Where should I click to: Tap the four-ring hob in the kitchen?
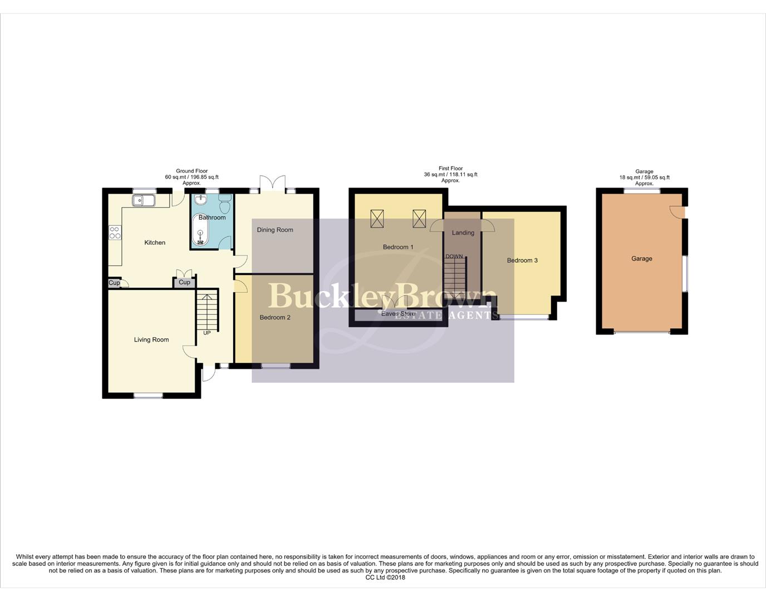coord(115,233)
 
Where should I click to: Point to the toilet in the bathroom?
coord(225,205)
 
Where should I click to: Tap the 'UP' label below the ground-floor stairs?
coord(207,333)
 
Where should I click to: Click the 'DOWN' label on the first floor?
coord(454,257)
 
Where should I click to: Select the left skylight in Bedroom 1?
coord(377,219)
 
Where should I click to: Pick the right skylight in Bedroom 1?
coord(419,219)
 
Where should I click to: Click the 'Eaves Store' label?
coord(398,314)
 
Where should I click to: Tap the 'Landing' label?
coord(463,233)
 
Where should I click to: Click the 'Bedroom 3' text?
coord(522,260)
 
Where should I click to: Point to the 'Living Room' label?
coord(151,339)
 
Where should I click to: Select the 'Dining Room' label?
coord(275,230)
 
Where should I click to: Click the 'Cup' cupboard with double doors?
coord(184,282)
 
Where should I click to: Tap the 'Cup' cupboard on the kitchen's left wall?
coord(114,283)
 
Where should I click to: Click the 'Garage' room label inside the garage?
coord(642,259)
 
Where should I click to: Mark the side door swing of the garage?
coord(677,211)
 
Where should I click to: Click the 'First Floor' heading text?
coord(450,169)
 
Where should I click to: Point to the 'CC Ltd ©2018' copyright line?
coord(385,577)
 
